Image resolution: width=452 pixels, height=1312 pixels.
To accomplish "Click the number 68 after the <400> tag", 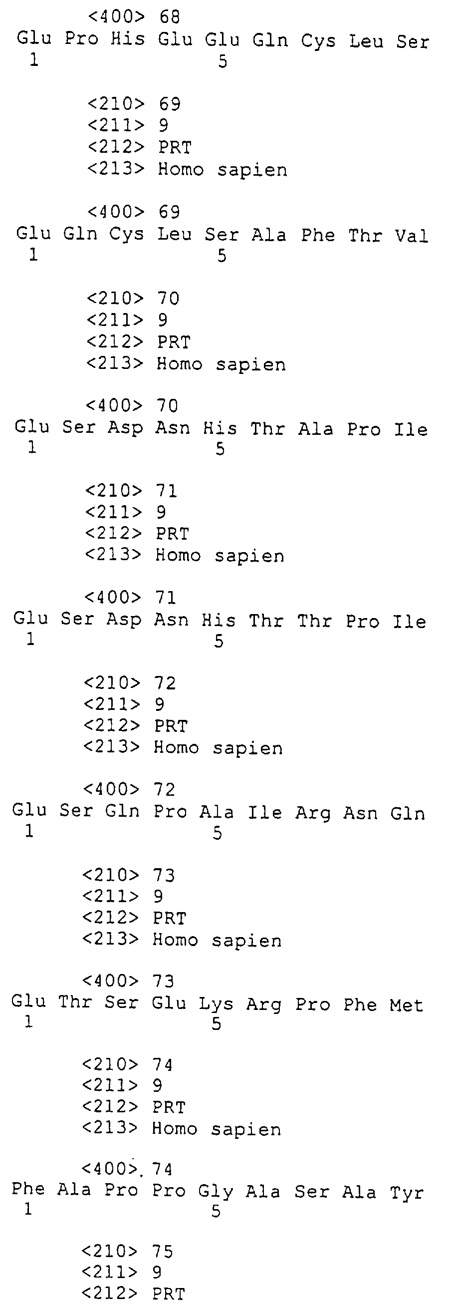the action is pos(170,17).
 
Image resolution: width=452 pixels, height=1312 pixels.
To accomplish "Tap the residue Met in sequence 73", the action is pos(407,1005).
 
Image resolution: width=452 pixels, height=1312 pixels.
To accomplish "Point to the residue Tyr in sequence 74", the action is pos(407,1193).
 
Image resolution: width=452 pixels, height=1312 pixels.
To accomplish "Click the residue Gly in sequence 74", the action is pos(216,1192).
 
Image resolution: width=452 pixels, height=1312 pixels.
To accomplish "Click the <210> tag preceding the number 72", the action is pos(112,683).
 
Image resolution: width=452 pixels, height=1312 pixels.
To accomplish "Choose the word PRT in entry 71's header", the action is pos(172,534).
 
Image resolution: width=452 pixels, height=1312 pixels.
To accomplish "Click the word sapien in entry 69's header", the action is pos(252,170).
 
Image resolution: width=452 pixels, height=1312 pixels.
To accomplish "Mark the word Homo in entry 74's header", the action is pos(174,1129).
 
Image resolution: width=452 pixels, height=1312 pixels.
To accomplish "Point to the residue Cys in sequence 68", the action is pos(318,41).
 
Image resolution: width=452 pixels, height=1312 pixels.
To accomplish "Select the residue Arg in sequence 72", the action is pos(313,813).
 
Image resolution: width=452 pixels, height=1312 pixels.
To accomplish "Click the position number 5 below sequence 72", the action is pos(218,833).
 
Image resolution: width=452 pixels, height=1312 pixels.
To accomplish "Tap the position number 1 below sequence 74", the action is pos(28,1209).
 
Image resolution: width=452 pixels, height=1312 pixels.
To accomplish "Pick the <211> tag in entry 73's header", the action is pos(110,896).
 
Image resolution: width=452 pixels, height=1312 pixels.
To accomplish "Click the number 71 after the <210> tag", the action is pos(166,490).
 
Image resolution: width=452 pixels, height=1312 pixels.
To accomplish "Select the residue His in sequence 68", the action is pos(128,39).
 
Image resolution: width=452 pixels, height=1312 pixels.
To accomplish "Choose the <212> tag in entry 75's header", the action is pos(109,1294).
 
